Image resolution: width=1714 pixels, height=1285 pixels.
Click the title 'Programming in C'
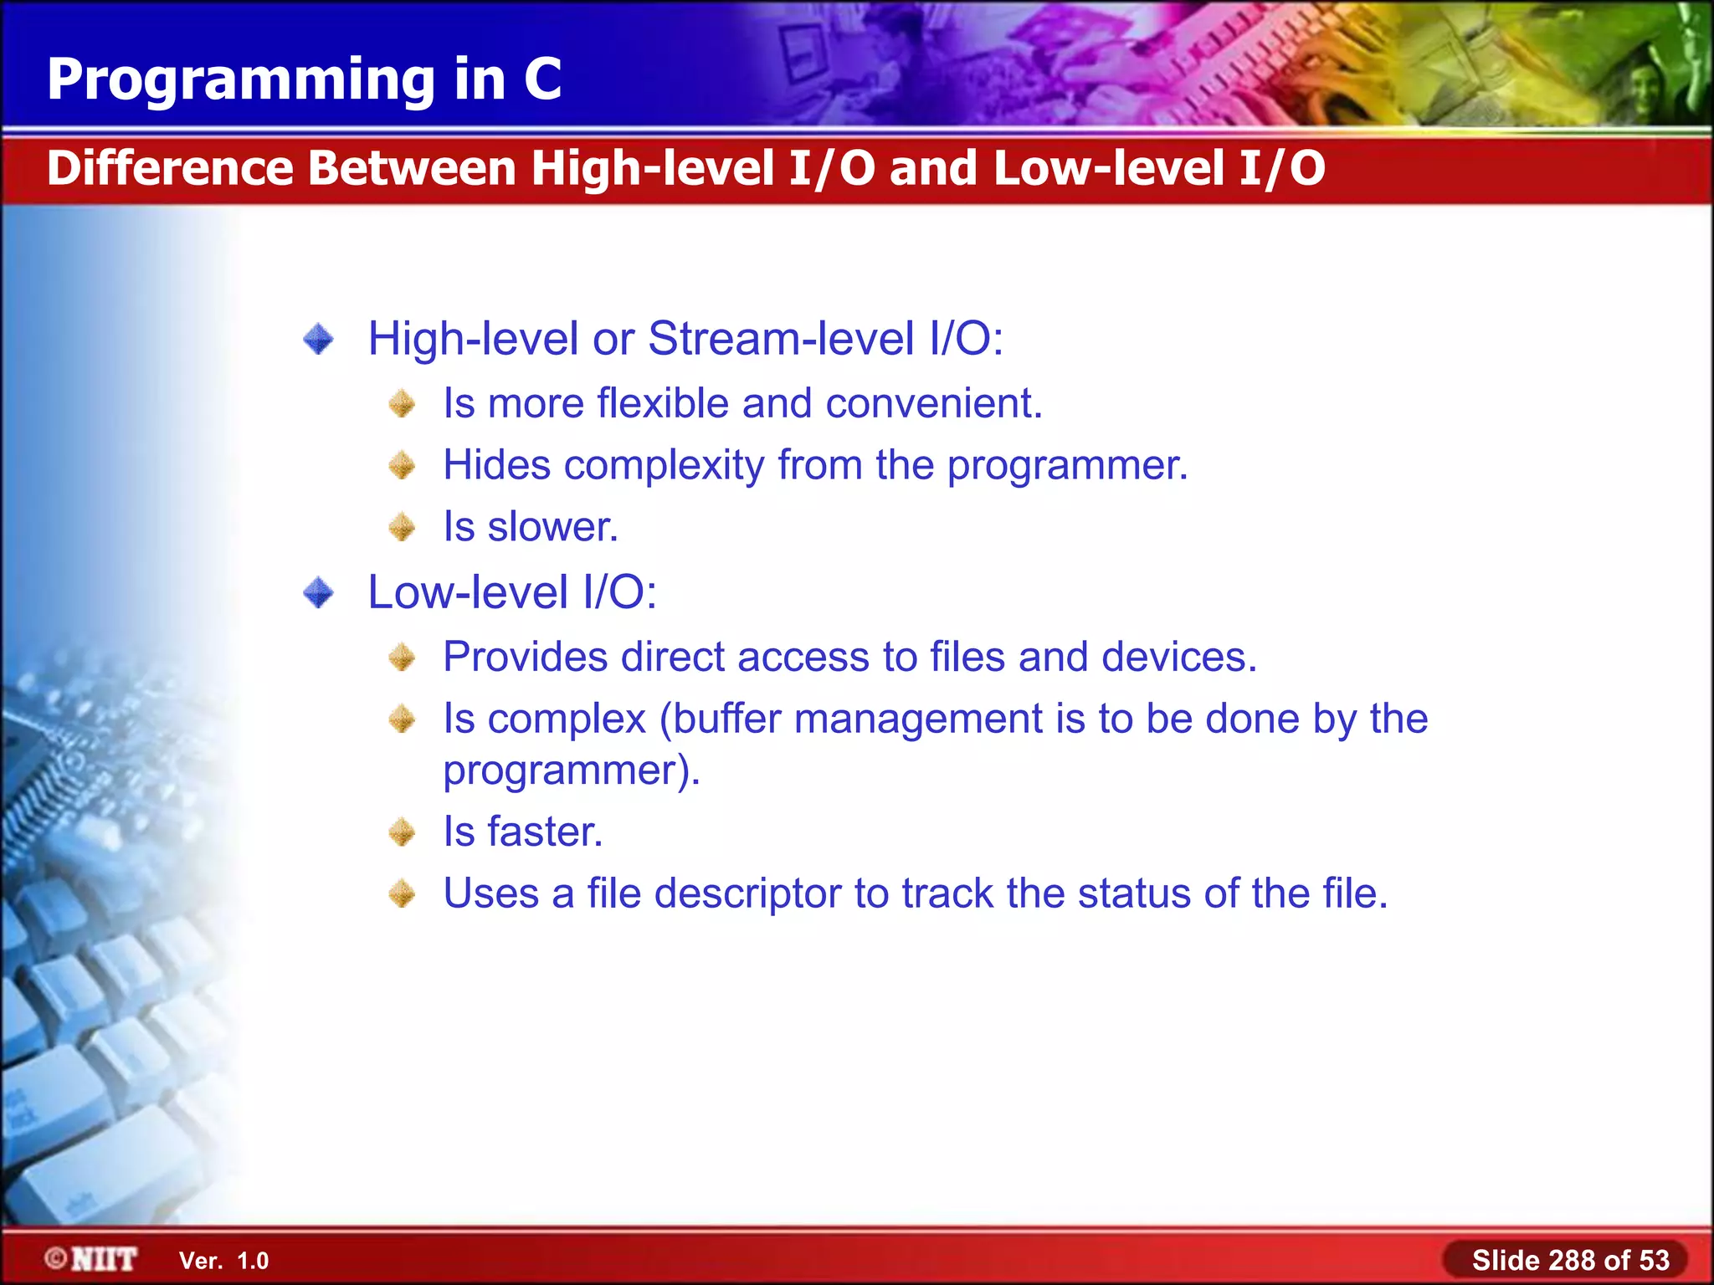pyautogui.click(x=304, y=79)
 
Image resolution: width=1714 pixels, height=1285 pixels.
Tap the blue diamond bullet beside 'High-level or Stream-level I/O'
pyautogui.click(x=318, y=340)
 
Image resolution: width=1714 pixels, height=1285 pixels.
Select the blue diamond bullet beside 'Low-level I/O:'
pyautogui.click(x=318, y=593)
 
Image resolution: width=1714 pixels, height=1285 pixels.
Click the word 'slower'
pyautogui.click(x=552, y=527)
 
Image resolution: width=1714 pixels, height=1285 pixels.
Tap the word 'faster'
pyautogui.click(x=545, y=832)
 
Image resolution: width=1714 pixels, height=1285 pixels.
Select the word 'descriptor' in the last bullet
pyautogui.click(x=747, y=893)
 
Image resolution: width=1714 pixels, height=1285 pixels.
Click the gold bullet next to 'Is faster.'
pyautogui.click(x=403, y=832)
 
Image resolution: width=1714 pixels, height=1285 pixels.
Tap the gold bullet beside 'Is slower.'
pyautogui.click(x=403, y=527)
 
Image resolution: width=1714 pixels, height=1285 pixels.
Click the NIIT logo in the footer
pyautogui.click(x=92, y=1259)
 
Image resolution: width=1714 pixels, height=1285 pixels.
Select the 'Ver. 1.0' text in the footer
pyautogui.click(x=223, y=1261)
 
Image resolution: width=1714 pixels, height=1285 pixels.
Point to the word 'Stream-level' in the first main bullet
pyautogui.click(x=780, y=340)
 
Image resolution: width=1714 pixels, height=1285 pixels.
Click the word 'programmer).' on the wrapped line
pyautogui.click(x=571, y=770)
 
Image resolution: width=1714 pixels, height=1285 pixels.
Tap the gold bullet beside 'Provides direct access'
pyautogui.click(x=403, y=658)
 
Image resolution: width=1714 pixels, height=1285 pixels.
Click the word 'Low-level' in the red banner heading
pyautogui.click(x=1109, y=167)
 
